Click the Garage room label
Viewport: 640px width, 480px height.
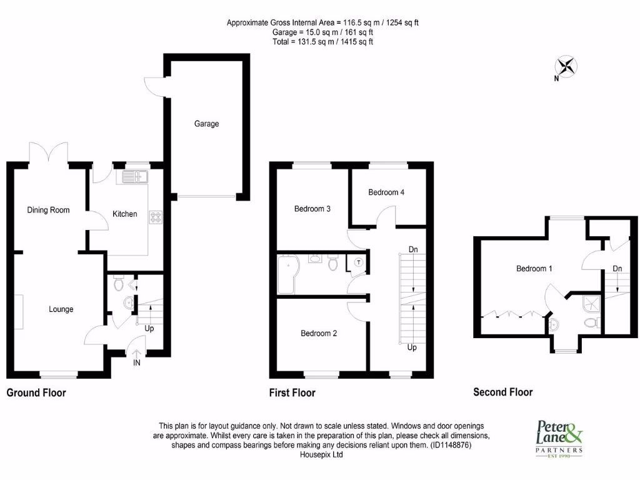(206, 124)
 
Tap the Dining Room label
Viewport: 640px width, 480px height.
(48, 210)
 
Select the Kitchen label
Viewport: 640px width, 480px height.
(124, 214)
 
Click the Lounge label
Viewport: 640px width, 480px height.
(61, 309)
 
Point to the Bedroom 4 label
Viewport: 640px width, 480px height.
(386, 192)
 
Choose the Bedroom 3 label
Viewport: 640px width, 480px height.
(312, 209)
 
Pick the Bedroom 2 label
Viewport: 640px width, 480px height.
(319, 334)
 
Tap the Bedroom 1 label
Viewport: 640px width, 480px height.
(534, 269)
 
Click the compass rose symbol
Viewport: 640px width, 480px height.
(566, 66)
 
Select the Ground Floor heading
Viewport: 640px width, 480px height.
(36, 393)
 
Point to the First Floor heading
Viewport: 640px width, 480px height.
(292, 393)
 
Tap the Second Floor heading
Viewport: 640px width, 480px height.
(502, 392)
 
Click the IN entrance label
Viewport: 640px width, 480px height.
(137, 362)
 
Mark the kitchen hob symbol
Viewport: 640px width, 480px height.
(155, 217)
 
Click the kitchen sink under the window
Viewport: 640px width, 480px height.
(134, 177)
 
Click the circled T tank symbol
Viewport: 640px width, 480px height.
(359, 263)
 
